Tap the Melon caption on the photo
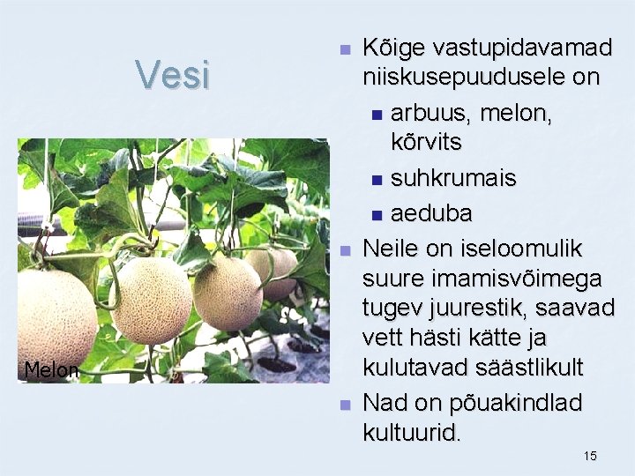point(51,370)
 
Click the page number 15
point(590,456)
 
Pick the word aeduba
point(431,213)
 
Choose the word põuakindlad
point(508,403)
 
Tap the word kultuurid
point(411,432)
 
